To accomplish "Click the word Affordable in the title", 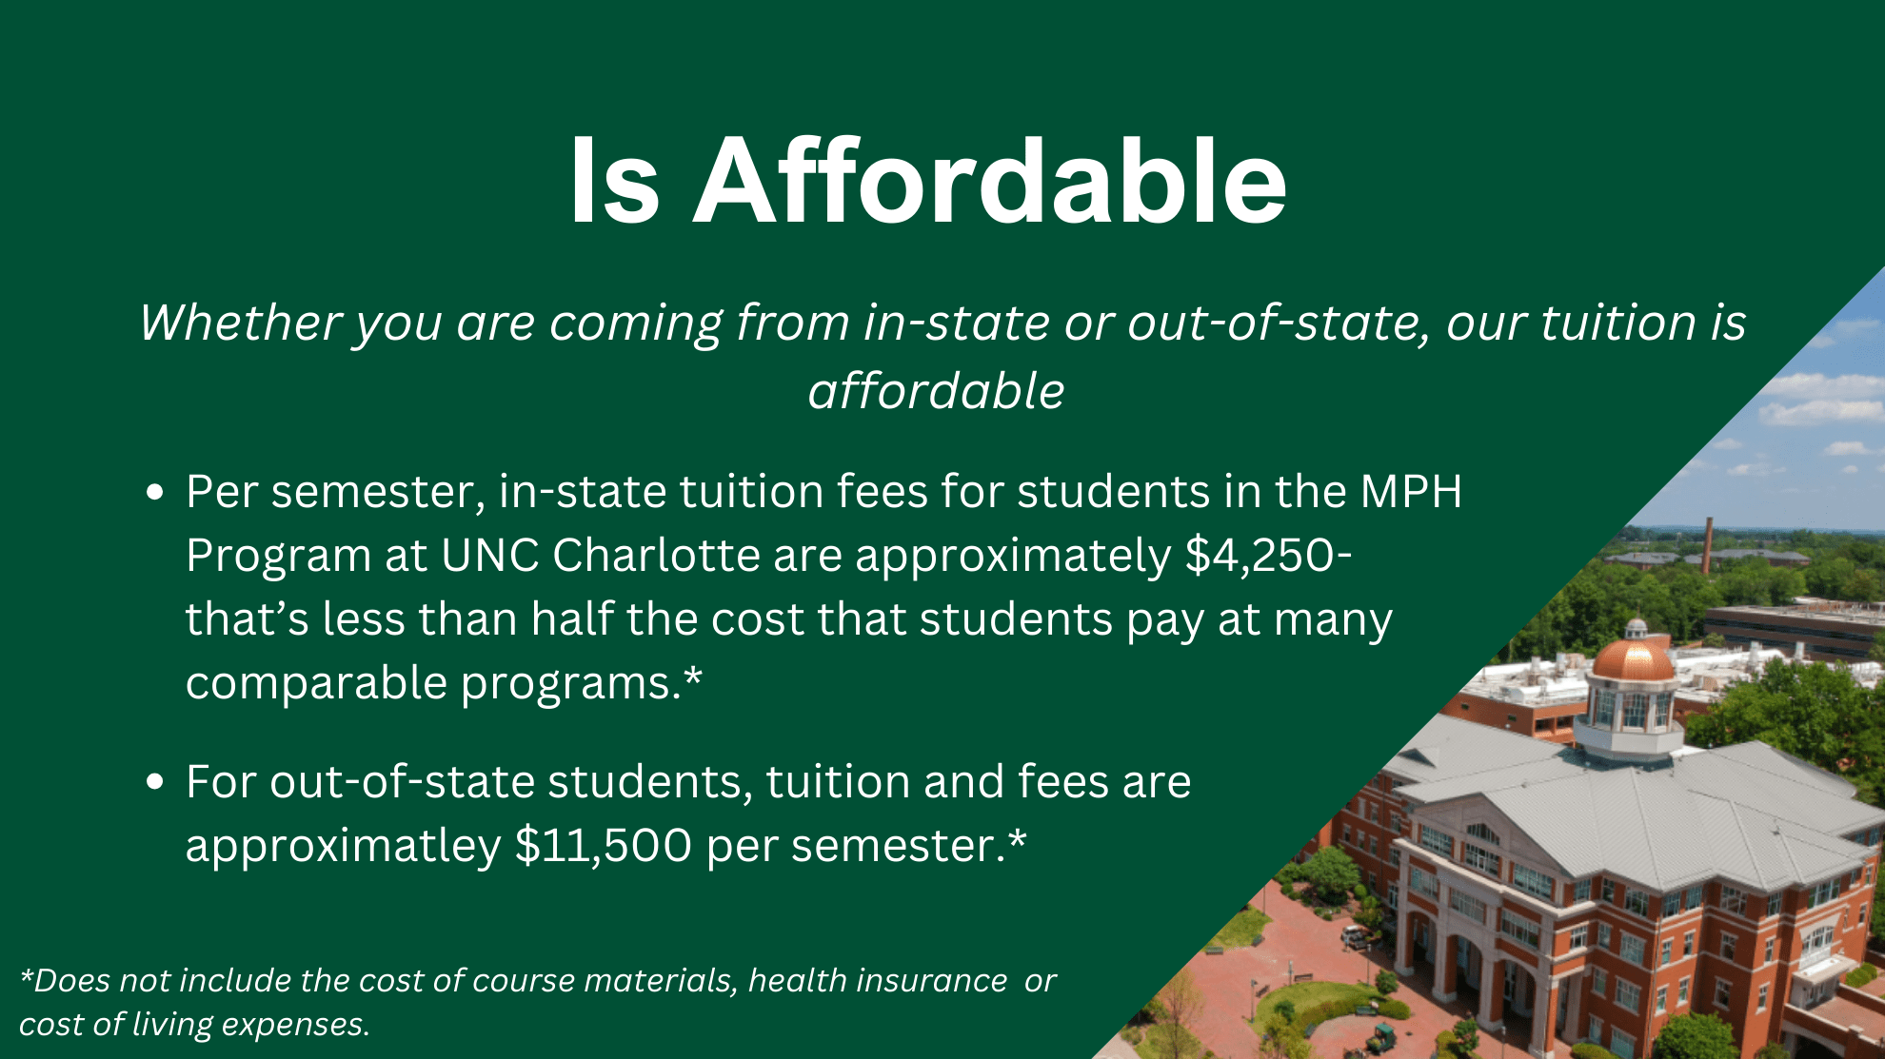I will (990, 181).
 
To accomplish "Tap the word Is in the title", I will (614, 181).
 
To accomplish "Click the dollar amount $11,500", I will (604, 846).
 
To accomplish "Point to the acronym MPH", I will (1411, 492).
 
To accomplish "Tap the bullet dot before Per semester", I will (155, 493).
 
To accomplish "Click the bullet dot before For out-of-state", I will (155, 782).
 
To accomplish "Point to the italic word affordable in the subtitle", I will (936, 391).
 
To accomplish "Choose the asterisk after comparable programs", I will (693, 679).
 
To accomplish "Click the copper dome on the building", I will (1634, 657).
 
